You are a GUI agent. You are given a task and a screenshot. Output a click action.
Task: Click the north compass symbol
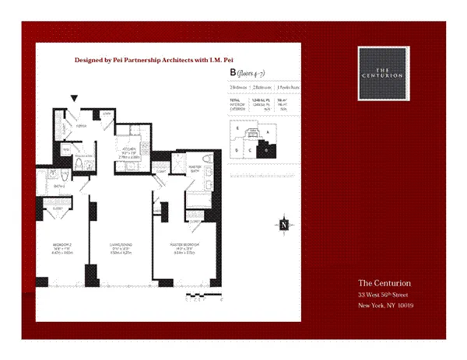[x=285, y=225]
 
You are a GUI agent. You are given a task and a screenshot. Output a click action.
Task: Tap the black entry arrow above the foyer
[x=74, y=99]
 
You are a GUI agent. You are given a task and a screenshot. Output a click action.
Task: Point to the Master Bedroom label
[x=185, y=246]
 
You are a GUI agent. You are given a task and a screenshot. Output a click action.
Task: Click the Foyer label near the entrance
[x=79, y=122]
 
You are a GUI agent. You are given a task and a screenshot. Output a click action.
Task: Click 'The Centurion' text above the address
[x=384, y=282]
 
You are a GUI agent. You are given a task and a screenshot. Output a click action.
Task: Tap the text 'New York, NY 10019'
[x=385, y=306]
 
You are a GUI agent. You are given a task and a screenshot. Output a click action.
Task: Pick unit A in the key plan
[x=268, y=133]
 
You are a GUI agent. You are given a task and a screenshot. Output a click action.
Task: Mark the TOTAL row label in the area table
[x=234, y=100]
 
